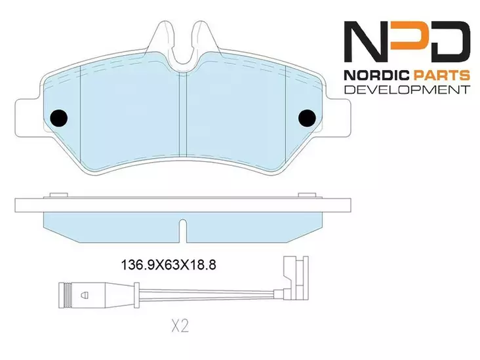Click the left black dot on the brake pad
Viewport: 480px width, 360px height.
pos(58,117)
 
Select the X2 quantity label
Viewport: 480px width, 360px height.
pos(180,327)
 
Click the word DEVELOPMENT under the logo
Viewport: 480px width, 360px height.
pos(407,89)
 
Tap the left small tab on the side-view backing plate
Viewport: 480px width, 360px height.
pos(58,194)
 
